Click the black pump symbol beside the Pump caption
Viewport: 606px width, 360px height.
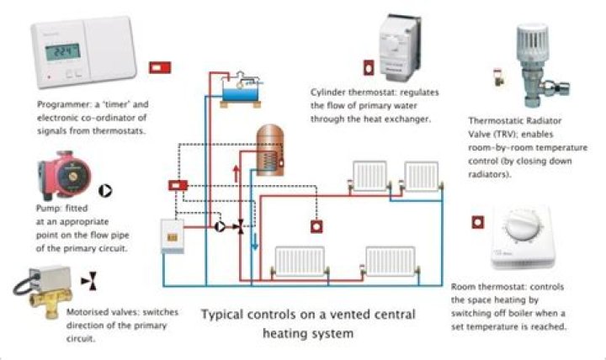point(105,191)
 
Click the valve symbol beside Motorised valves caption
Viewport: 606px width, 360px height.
point(88,281)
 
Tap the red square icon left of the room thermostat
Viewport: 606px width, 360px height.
point(478,223)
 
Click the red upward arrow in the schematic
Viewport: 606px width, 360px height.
point(237,178)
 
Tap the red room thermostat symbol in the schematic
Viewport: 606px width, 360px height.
point(317,226)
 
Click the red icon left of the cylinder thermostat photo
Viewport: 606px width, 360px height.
point(369,66)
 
